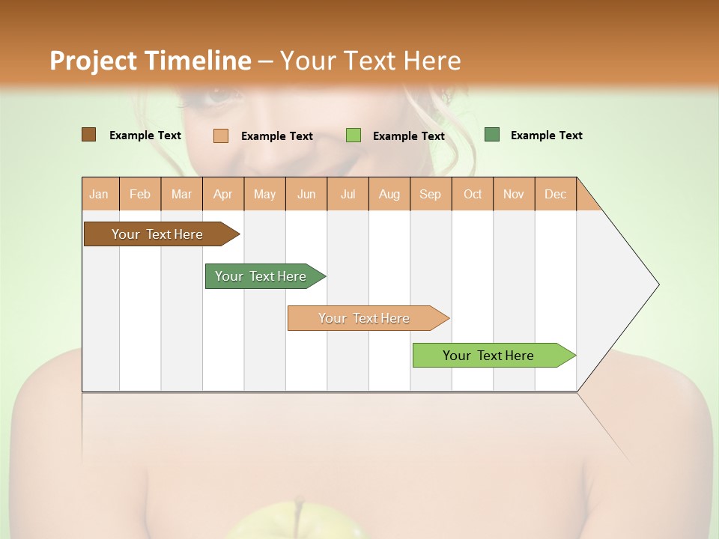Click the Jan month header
pyautogui.click(x=99, y=194)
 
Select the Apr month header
pyautogui.click(x=222, y=194)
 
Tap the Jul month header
pyautogui.click(x=348, y=194)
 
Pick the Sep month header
pyautogui.click(x=430, y=194)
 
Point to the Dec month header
pyautogui.click(x=555, y=194)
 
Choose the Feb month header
pyautogui.click(x=140, y=194)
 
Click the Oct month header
pyautogui.click(x=473, y=194)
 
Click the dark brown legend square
pyautogui.click(x=88, y=135)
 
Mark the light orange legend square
pyautogui.click(x=221, y=135)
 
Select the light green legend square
pyautogui.click(x=354, y=135)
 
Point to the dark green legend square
pyautogui.click(x=492, y=135)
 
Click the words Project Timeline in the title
pyautogui.click(x=150, y=61)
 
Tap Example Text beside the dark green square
pyautogui.click(x=546, y=135)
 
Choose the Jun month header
pyautogui.click(x=306, y=194)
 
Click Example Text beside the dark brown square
pyautogui.click(x=145, y=135)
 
